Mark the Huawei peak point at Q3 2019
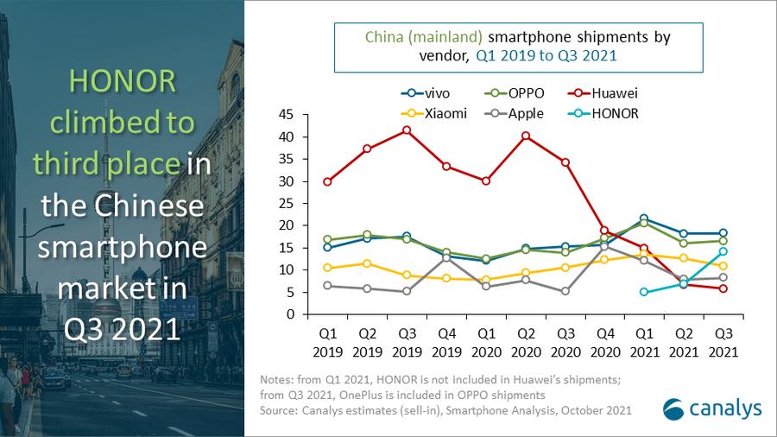click(407, 130)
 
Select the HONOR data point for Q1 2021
click(643, 292)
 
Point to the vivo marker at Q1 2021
click(643, 218)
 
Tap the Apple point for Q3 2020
click(565, 291)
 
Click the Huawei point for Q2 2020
click(525, 136)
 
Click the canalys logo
click(699, 408)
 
